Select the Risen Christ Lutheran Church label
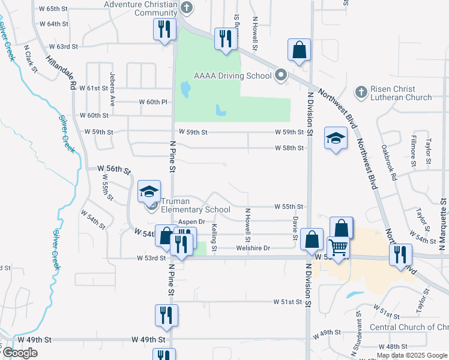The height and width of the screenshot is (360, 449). (x=401, y=93)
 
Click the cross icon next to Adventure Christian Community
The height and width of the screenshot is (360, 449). (x=187, y=7)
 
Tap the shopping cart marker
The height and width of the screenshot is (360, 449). (x=338, y=248)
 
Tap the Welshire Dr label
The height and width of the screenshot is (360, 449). (x=254, y=248)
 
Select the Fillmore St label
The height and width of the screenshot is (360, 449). (x=414, y=151)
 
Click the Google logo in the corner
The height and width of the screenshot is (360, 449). (x=20, y=353)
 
